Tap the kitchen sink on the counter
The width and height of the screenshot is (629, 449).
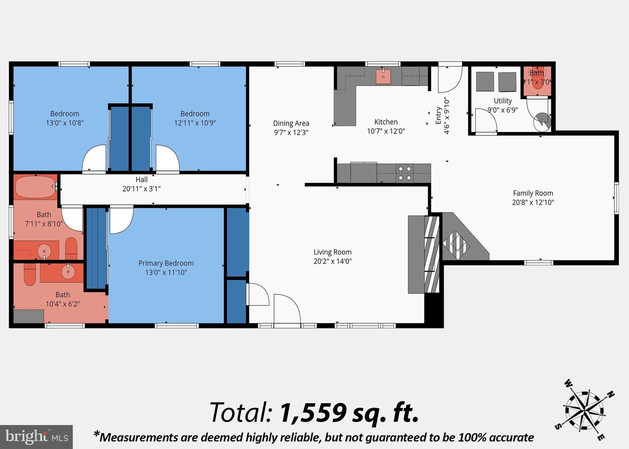point(383,76)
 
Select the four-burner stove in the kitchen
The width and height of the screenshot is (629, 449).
point(404,173)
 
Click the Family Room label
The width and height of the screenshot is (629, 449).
point(533,193)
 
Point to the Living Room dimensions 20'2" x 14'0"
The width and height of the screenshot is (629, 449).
point(332,261)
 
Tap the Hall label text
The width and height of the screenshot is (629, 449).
point(142,180)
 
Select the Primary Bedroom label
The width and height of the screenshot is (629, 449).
point(166,263)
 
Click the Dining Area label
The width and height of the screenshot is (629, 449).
point(291,123)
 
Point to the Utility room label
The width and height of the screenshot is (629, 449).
point(503,101)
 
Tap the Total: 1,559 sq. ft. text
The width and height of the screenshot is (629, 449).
point(314,412)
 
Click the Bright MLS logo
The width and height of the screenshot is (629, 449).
point(36,437)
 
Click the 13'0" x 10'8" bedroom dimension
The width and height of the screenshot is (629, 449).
point(65,123)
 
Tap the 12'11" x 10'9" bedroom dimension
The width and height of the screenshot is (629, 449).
point(195,123)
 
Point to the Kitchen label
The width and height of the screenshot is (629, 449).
point(386,122)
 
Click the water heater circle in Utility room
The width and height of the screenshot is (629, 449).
point(542,122)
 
